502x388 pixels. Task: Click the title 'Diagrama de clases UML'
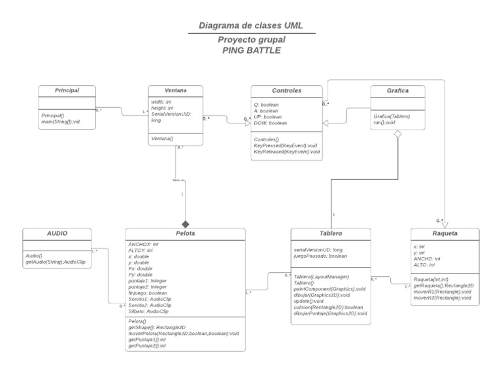click(x=251, y=26)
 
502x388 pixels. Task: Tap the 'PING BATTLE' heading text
click(x=251, y=50)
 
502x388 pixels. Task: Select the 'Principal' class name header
click(x=67, y=90)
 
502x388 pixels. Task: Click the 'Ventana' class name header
click(x=175, y=90)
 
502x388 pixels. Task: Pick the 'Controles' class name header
click(x=286, y=90)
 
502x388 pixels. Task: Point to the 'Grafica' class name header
click(x=399, y=90)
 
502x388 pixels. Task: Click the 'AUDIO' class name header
click(x=56, y=233)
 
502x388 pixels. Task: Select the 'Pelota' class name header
click(x=185, y=233)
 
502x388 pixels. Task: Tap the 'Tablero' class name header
click(x=330, y=233)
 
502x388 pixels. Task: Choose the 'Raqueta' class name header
click(x=444, y=233)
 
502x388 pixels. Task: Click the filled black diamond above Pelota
click(x=185, y=223)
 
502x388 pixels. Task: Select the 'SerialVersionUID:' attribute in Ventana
click(x=171, y=115)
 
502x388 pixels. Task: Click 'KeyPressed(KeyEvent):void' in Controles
click(x=286, y=145)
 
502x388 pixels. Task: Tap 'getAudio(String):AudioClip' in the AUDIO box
click(x=56, y=261)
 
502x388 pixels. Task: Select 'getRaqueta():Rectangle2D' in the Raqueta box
click(x=444, y=286)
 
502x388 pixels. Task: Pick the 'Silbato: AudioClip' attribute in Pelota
click(x=150, y=311)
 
